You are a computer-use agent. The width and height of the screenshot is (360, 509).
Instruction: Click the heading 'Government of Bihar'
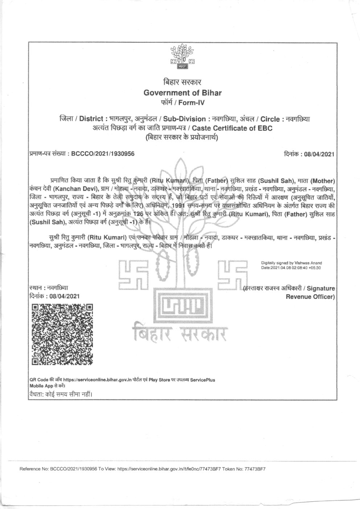(183, 93)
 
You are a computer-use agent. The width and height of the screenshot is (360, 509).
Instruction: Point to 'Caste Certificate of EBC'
(232, 128)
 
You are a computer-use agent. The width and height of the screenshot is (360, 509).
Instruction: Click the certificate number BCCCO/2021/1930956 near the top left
(103, 153)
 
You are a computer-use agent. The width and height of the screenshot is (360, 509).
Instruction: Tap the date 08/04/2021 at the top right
(319, 154)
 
